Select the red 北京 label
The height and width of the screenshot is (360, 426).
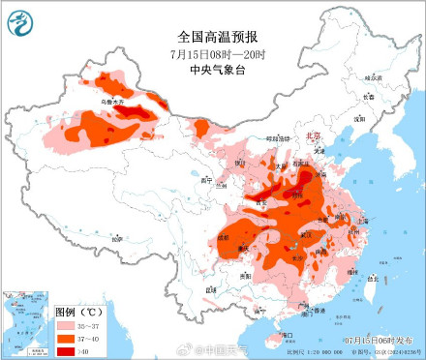pyautogui.click(x=312, y=137)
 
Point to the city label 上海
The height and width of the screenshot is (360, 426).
pyautogui.click(x=362, y=221)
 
